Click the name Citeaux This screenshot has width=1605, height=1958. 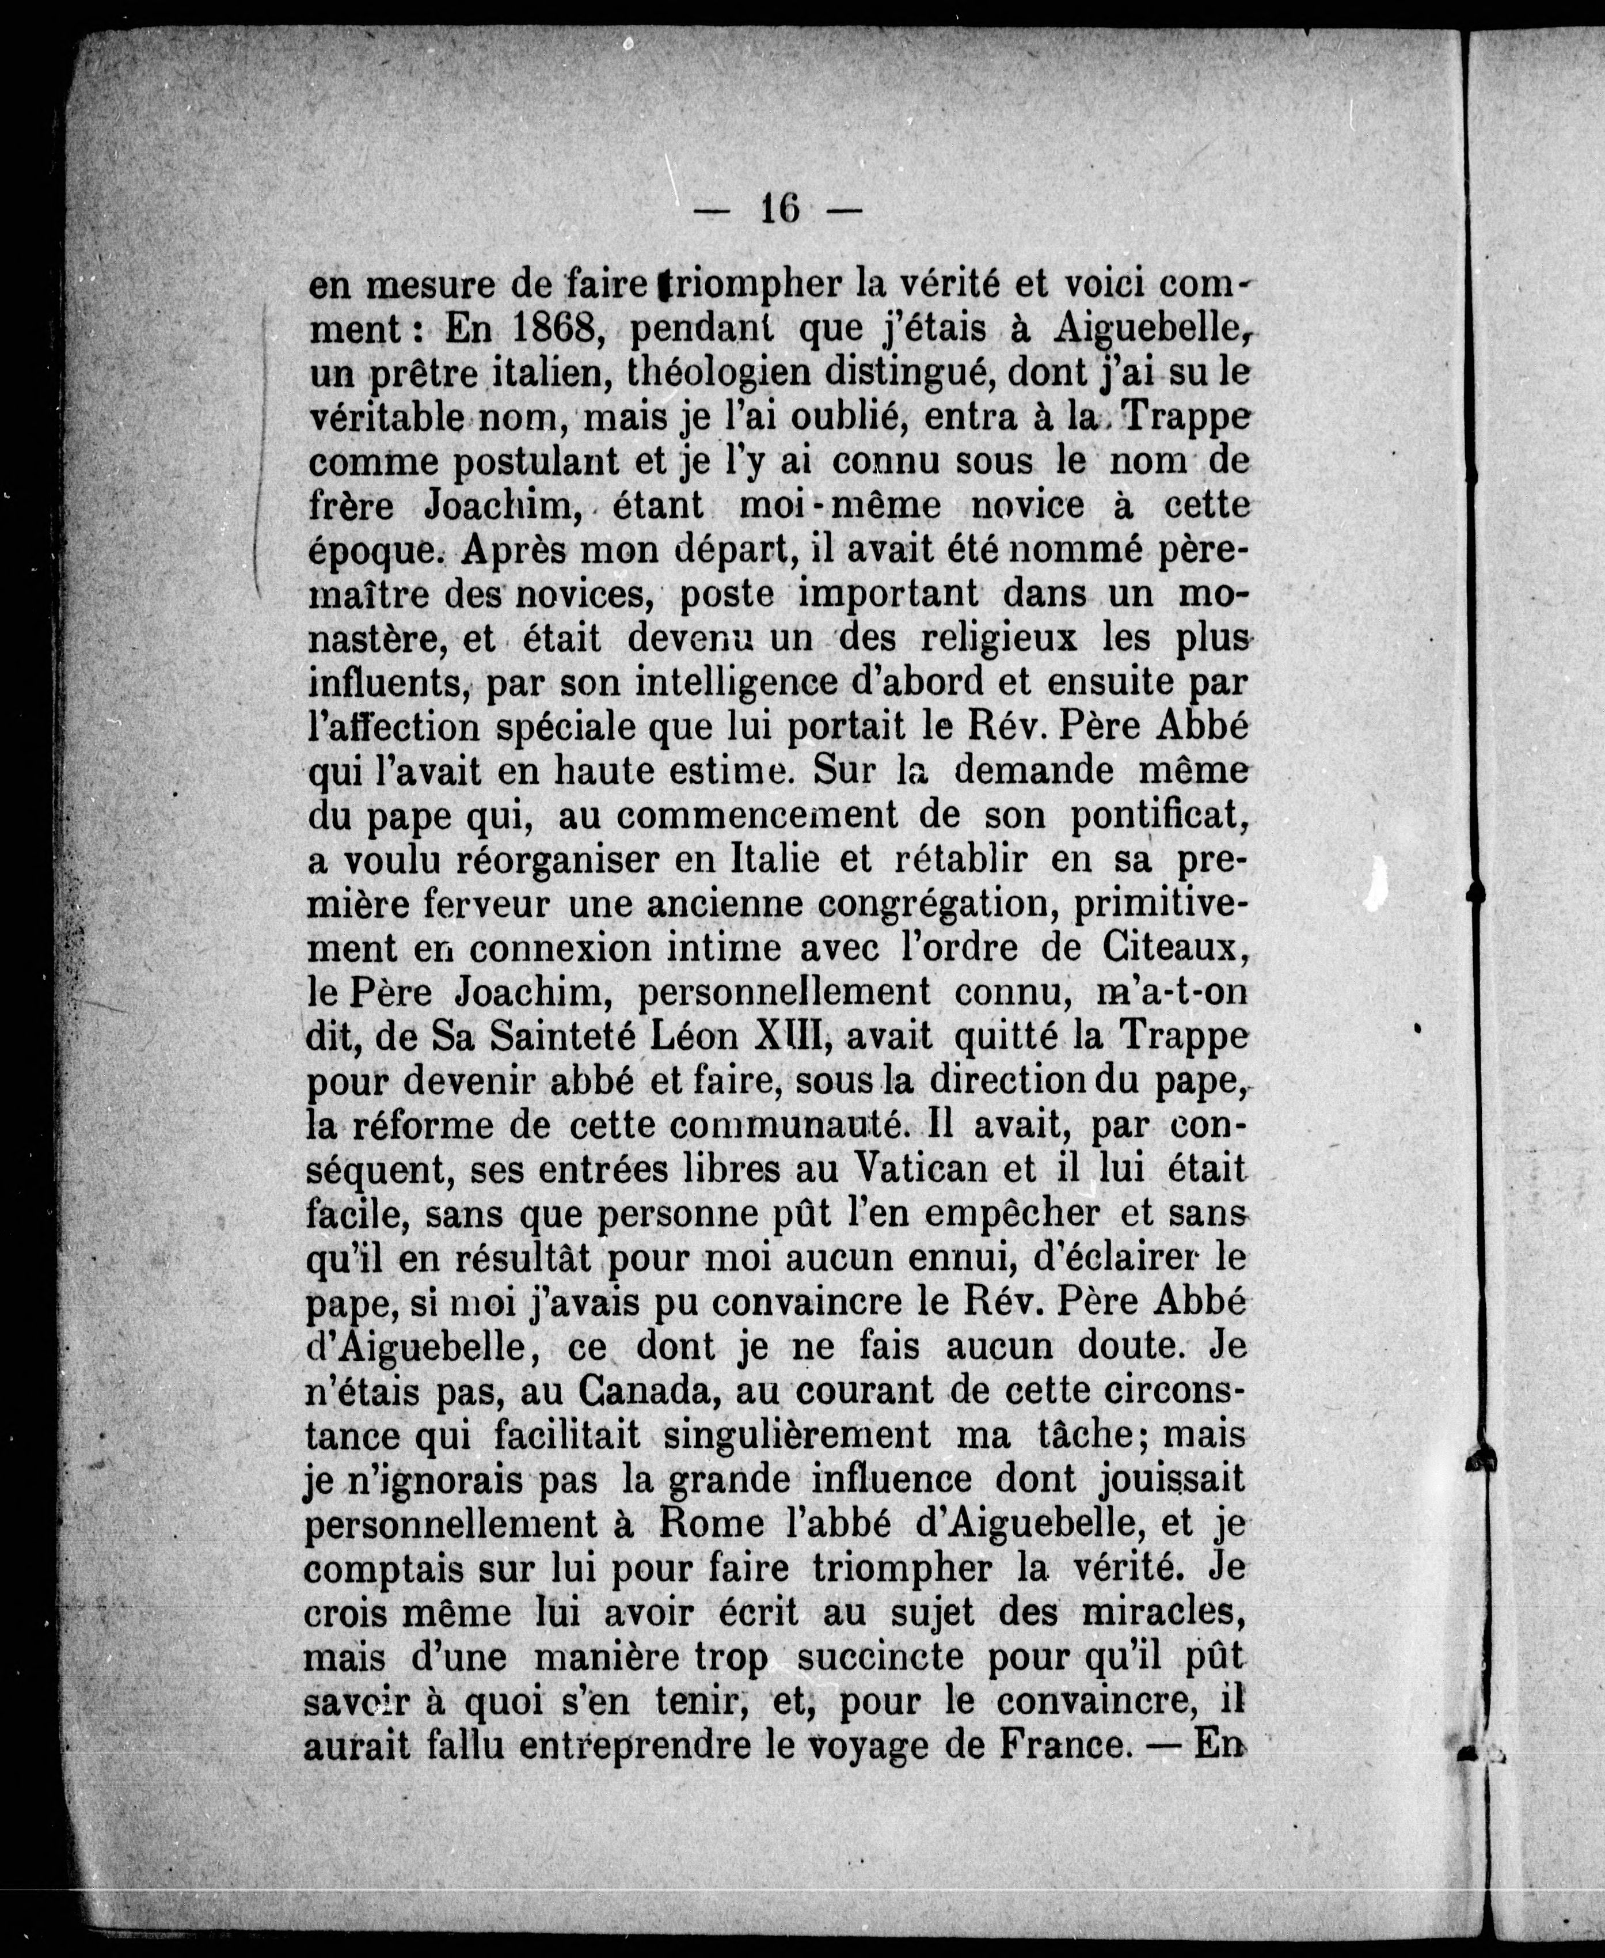1170,948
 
